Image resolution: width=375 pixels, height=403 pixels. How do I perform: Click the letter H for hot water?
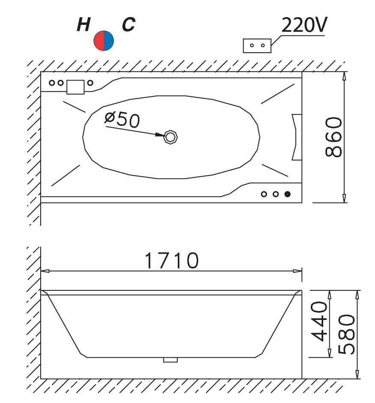(x=84, y=25)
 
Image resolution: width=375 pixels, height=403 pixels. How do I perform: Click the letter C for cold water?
(x=128, y=25)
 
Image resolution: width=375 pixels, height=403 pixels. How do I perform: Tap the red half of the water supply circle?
(x=98, y=41)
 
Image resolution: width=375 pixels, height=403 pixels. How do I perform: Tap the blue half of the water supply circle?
(x=109, y=41)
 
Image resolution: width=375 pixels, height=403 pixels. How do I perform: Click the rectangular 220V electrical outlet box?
(x=257, y=46)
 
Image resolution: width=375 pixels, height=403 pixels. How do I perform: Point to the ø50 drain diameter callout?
(x=122, y=120)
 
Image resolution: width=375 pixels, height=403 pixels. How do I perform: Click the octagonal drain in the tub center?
(x=170, y=137)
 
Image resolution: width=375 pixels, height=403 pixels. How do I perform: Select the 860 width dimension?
(x=333, y=137)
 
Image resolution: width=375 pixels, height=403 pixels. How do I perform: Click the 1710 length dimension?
(x=172, y=260)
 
